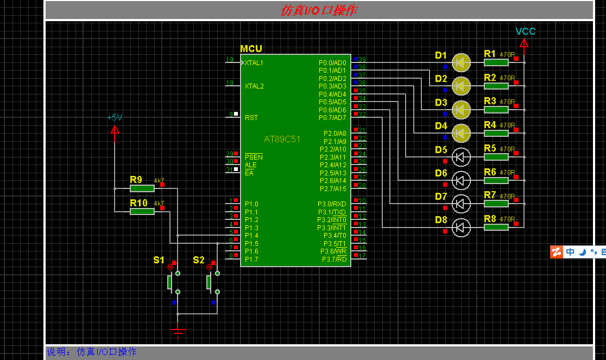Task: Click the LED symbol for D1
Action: [x=461, y=63]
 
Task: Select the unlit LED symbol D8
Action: [x=461, y=228]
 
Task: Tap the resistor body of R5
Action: [x=496, y=157]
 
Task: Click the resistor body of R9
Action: [x=142, y=188]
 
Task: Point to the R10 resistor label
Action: [x=138, y=203]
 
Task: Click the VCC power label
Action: [x=525, y=31]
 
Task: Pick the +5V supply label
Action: [x=115, y=117]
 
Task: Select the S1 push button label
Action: [x=159, y=260]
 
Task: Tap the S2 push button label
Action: [x=199, y=260]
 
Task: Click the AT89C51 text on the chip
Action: [x=282, y=140]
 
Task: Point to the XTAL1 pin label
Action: [x=254, y=63]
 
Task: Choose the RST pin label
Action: [x=251, y=118]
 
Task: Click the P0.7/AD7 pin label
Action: [x=332, y=118]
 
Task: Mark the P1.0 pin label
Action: [x=251, y=204]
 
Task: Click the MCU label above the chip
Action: [x=251, y=49]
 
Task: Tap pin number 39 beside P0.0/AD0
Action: [x=362, y=59]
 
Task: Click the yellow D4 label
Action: [x=441, y=126]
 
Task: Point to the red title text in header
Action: [x=318, y=10]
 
